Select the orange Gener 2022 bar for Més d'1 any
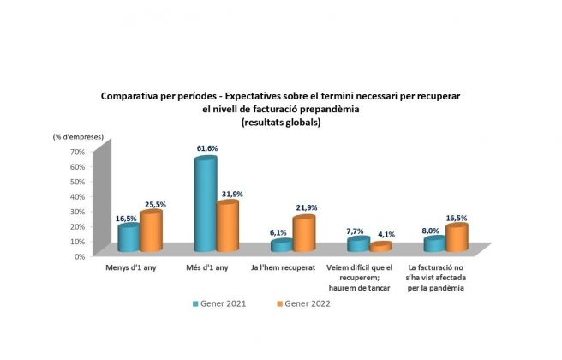click(x=227, y=226)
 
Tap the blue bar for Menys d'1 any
click(x=129, y=237)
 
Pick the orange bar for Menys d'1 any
click(x=151, y=231)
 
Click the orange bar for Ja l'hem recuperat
click(x=303, y=234)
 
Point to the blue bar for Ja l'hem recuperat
click(x=281, y=246)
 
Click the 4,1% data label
click(x=387, y=234)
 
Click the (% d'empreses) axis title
click(x=75, y=136)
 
